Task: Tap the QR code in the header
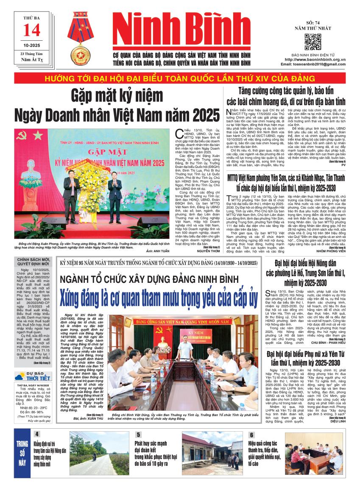point(313,42)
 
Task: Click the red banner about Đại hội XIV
point(180,78)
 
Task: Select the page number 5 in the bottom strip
point(138,435)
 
